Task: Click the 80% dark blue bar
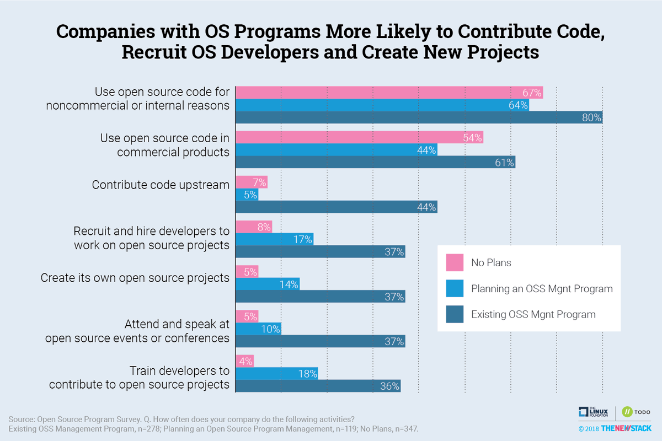tap(419, 117)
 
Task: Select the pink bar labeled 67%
tap(389, 93)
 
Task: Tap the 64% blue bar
tap(382, 105)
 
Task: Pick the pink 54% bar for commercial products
tap(359, 138)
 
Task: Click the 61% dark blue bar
tap(375, 163)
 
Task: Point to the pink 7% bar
tap(252, 182)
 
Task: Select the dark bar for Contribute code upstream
tap(337, 207)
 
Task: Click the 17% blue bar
tap(274, 239)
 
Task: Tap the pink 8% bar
tap(254, 227)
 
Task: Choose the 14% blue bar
tap(268, 284)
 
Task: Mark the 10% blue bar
tap(258, 329)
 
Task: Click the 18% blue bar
tap(276, 374)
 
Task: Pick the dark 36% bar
tap(318, 386)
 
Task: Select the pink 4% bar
tap(244, 361)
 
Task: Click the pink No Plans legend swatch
tap(454, 262)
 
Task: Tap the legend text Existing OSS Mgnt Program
tap(533, 315)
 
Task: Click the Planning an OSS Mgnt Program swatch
tap(454, 288)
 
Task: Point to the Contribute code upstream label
tap(161, 185)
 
